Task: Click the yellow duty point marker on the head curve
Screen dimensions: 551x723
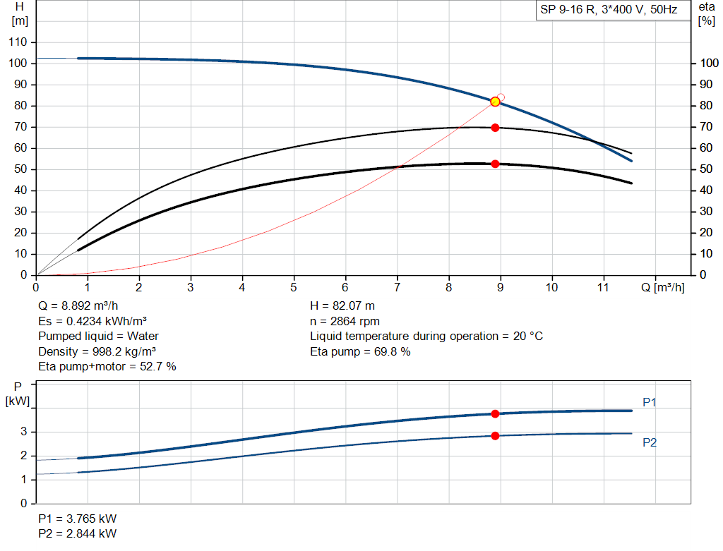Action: coord(495,102)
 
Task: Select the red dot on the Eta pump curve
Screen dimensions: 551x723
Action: coord(495,128)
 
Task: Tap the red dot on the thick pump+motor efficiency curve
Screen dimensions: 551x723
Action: coord(495,164)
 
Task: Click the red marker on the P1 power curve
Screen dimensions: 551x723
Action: coord(495,413)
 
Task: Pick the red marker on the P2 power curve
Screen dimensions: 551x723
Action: coord(495,436)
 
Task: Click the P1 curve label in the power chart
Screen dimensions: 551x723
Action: coord(650,402)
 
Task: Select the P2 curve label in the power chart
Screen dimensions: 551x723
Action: coord(650,442)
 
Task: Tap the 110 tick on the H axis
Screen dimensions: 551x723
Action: coord(18,42)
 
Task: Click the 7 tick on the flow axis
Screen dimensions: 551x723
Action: coord(397,287)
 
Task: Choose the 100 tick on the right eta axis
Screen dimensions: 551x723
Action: coord(708,63)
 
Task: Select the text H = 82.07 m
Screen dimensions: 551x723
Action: coord(342,306)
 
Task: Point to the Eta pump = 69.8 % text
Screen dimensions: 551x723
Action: coord(360,351)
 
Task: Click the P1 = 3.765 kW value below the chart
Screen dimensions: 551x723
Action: coord(77,519)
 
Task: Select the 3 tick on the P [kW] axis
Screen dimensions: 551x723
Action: coord(23,432)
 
